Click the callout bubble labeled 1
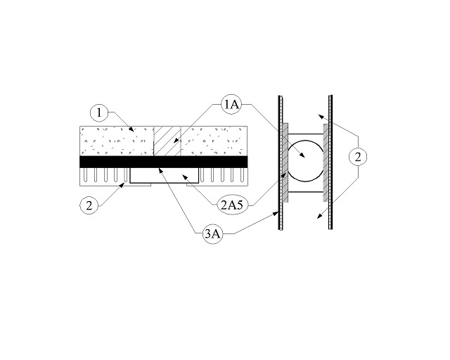(x=99, y=112)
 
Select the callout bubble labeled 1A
(x=231, y=105)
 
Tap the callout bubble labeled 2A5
(x=232, y=205)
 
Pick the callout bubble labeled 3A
(x=212, y=234)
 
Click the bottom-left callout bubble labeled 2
(x=89, y=205)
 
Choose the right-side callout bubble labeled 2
(x=358, y=157)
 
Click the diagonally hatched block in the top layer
(x=167, y=141)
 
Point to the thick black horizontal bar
(x=164, y=162)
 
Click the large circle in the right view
(x=305, y=161)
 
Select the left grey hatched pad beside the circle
(x=285, y=163)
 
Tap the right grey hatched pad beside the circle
(x=326, y=163)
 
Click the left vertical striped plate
(x=281, y=162)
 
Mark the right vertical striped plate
(x=330, y=162)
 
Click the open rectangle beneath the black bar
(x=164, y=175)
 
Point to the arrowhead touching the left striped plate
(x=276, y=214)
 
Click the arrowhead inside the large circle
(x=302, y=155)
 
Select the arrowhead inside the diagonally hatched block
(x=176, y=141)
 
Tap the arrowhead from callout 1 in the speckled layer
(x=131, y=129)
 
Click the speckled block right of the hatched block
(x=214, y=141)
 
